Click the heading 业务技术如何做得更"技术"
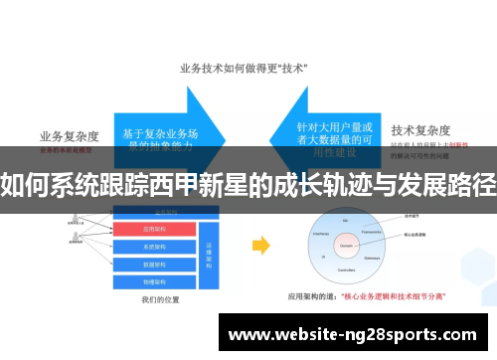click(x=243, y=69)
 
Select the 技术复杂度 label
click(x=420, y=130)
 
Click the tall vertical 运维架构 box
click(x=210, y=255)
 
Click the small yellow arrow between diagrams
click(x=260, y=245)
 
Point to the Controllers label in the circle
click(x=346, y=268)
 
